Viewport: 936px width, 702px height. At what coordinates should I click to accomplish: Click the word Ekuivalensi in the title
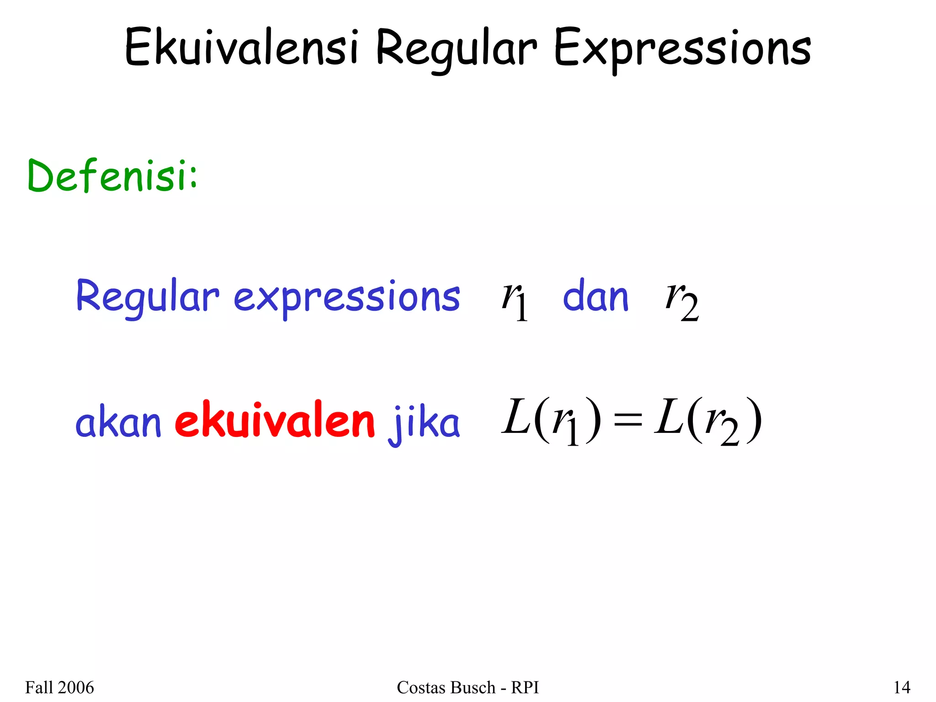pos(241,48)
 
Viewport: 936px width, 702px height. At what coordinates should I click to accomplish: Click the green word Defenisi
pos(112,175)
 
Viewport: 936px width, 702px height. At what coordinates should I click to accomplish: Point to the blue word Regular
pos(148,297)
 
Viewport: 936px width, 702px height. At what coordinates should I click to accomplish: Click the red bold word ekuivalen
pos(275,420)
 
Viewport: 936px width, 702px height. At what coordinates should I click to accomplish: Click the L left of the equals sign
pos(516,417)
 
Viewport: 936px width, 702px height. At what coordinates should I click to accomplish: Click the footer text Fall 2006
pos(59,687)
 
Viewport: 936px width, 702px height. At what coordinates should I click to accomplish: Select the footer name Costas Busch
pos(446,687)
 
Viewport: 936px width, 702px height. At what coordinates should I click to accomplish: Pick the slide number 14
pos(902,687)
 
